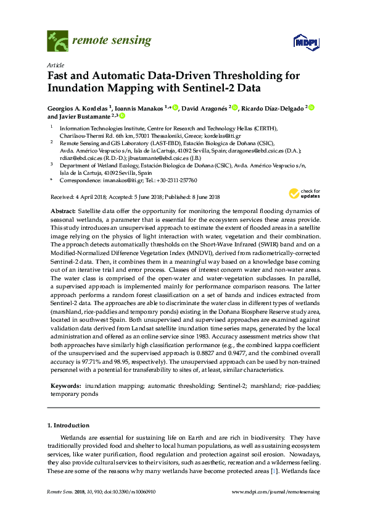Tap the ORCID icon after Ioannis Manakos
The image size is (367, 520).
(x=175, y=107)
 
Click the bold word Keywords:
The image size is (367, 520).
(x=66, y=385)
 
